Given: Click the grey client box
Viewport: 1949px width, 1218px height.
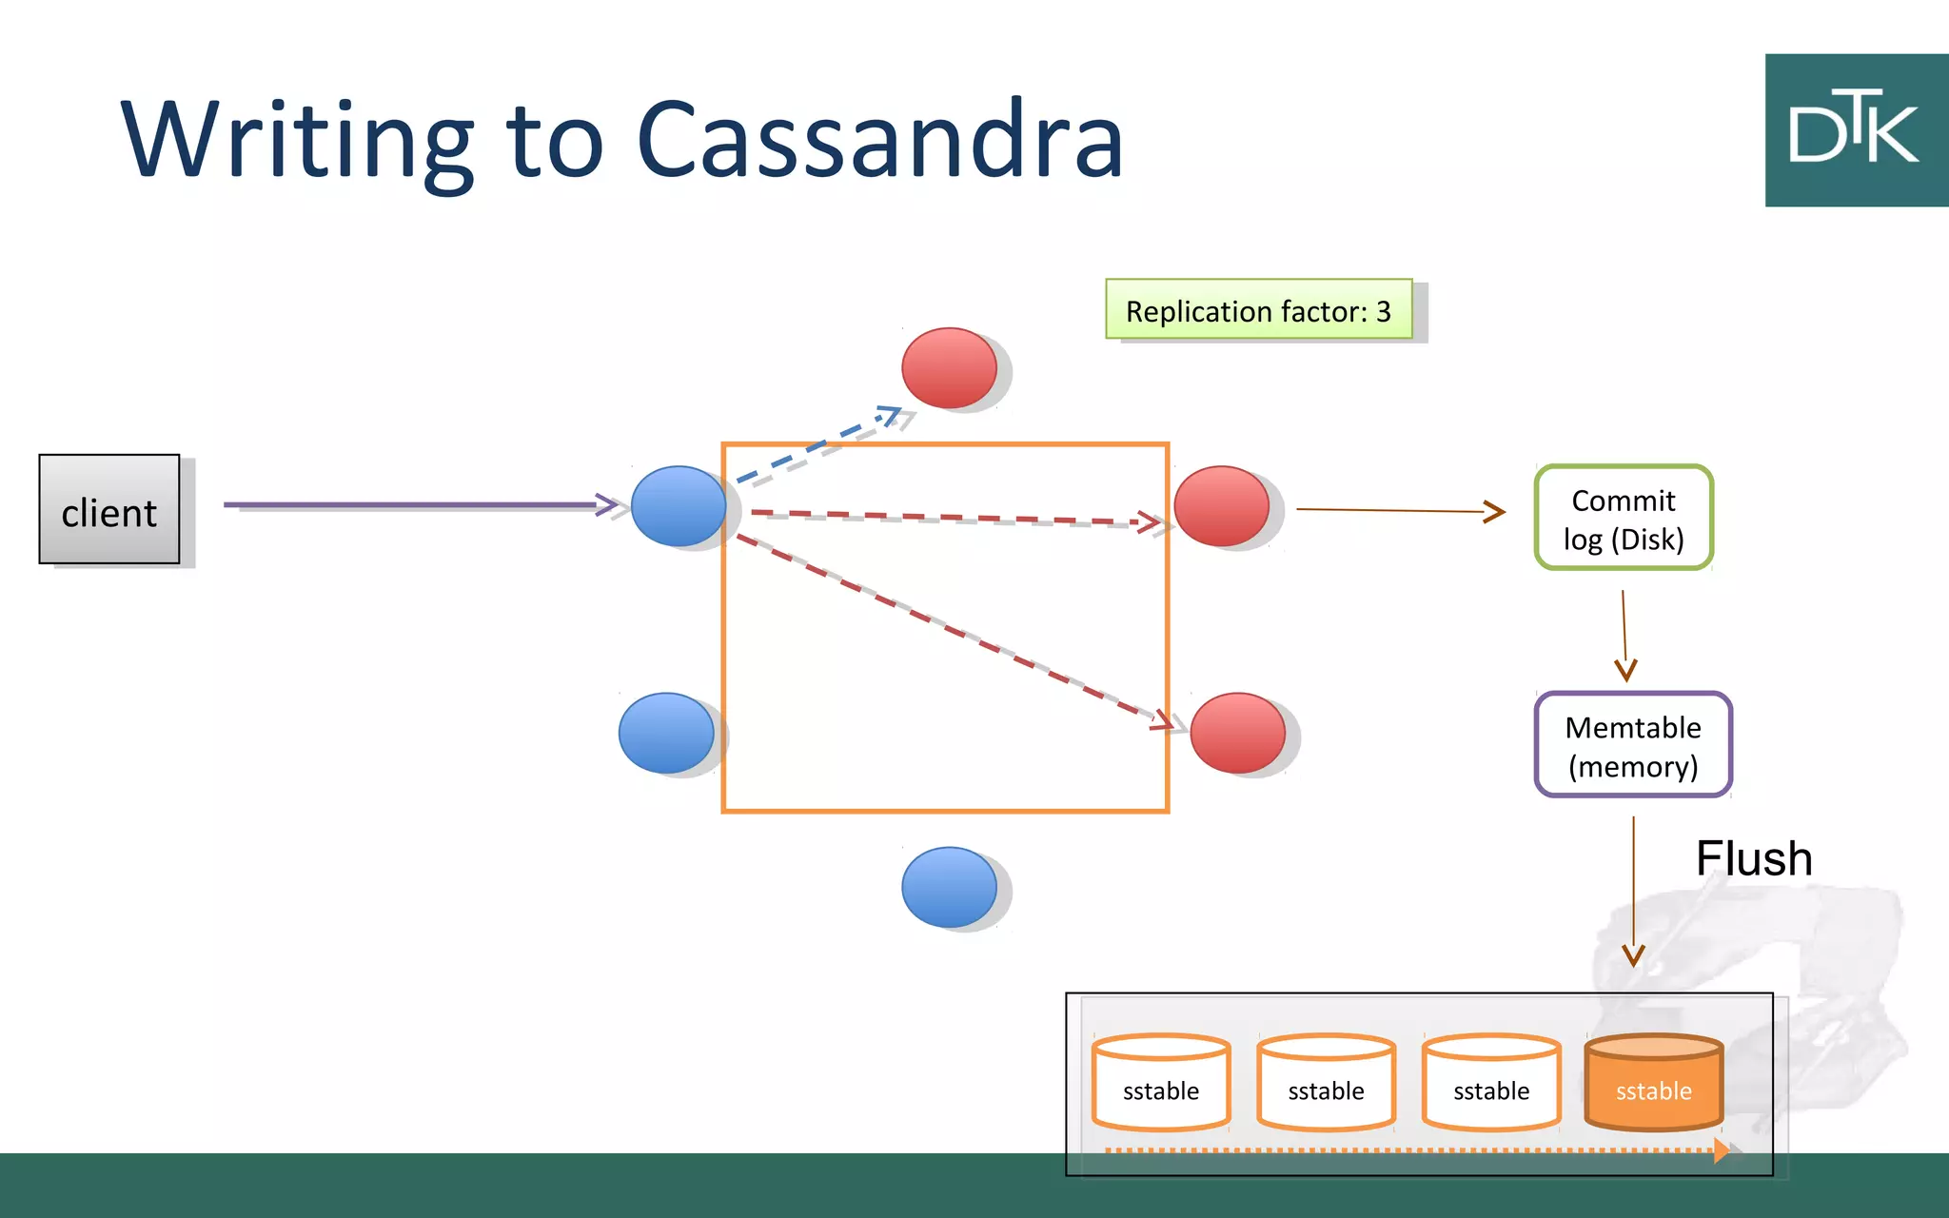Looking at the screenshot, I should point(108,510).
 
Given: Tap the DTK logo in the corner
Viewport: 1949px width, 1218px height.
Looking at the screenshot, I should point(1855,130).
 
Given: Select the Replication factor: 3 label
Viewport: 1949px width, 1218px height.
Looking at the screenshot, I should point(1258,310).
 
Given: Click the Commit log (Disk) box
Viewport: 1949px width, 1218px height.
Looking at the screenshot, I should point(1624,519).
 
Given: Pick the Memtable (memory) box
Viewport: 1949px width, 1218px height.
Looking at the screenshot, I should point(1633,745).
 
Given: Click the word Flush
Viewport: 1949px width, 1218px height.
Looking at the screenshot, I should point(1753,858).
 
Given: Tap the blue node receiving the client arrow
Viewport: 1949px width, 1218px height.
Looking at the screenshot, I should point(679,506).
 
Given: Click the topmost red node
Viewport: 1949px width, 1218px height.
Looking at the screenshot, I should point(949,368).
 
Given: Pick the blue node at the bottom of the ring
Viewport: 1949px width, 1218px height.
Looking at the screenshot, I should point(949,887).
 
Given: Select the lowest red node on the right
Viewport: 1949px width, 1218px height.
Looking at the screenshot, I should point(1237,733).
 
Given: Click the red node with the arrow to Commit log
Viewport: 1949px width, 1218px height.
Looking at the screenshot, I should point(1222,506).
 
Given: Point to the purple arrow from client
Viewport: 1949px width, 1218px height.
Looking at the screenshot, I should point(409,504).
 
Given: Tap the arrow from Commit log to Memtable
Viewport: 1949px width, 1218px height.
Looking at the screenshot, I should point(1624,633).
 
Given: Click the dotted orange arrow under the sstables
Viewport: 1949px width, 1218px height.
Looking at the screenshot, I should point(1408,1150).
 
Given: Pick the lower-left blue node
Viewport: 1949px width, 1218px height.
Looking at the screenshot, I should point(666,733).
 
